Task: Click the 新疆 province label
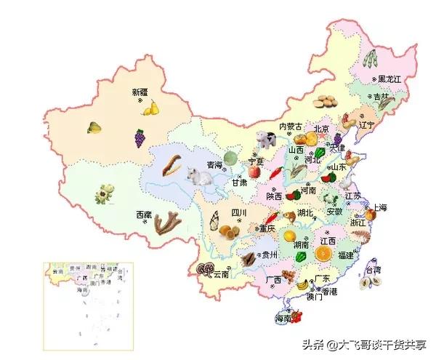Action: point(139,92)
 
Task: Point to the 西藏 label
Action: point(144,215)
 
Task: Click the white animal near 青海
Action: point(193,175)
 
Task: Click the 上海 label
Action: point(380,207)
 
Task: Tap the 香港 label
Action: point(330,291)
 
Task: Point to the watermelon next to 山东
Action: point(320,153)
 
